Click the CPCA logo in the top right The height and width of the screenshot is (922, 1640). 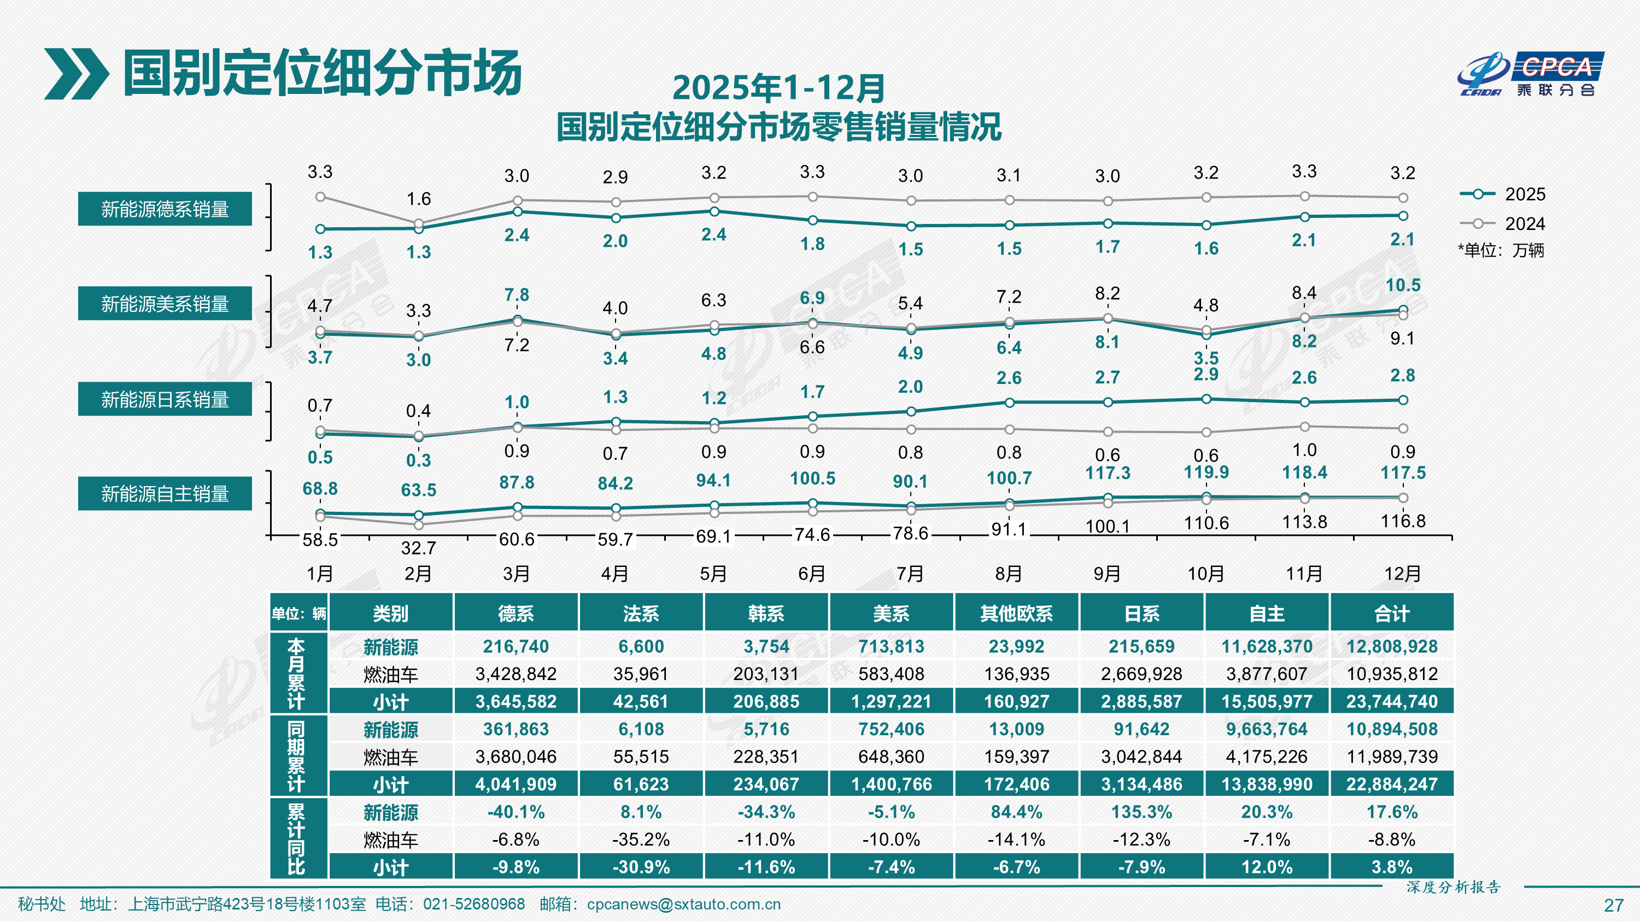point(1531,74)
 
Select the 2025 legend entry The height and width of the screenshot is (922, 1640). point(1502,194)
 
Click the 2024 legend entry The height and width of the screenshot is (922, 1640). point(1502,224)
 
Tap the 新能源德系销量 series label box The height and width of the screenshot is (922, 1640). point(165,209)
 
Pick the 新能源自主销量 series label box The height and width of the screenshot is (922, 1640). point(165,494)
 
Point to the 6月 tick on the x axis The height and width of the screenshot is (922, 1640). point(812,574)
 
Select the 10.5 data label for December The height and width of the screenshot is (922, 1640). point(1403,285)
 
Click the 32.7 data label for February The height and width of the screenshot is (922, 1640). point(418,548)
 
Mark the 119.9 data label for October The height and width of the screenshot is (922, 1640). point(1206,472)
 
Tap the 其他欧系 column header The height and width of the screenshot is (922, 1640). point(1016,613)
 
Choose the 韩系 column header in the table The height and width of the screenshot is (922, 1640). point(766,613)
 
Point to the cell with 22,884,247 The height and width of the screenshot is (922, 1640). point(1392,784)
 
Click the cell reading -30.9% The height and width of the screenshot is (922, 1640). point(641,867)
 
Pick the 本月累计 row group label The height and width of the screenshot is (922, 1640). point(297,674)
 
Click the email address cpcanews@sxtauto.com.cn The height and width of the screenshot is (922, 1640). point(683,904)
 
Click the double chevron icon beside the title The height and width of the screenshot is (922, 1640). point(76,74)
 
